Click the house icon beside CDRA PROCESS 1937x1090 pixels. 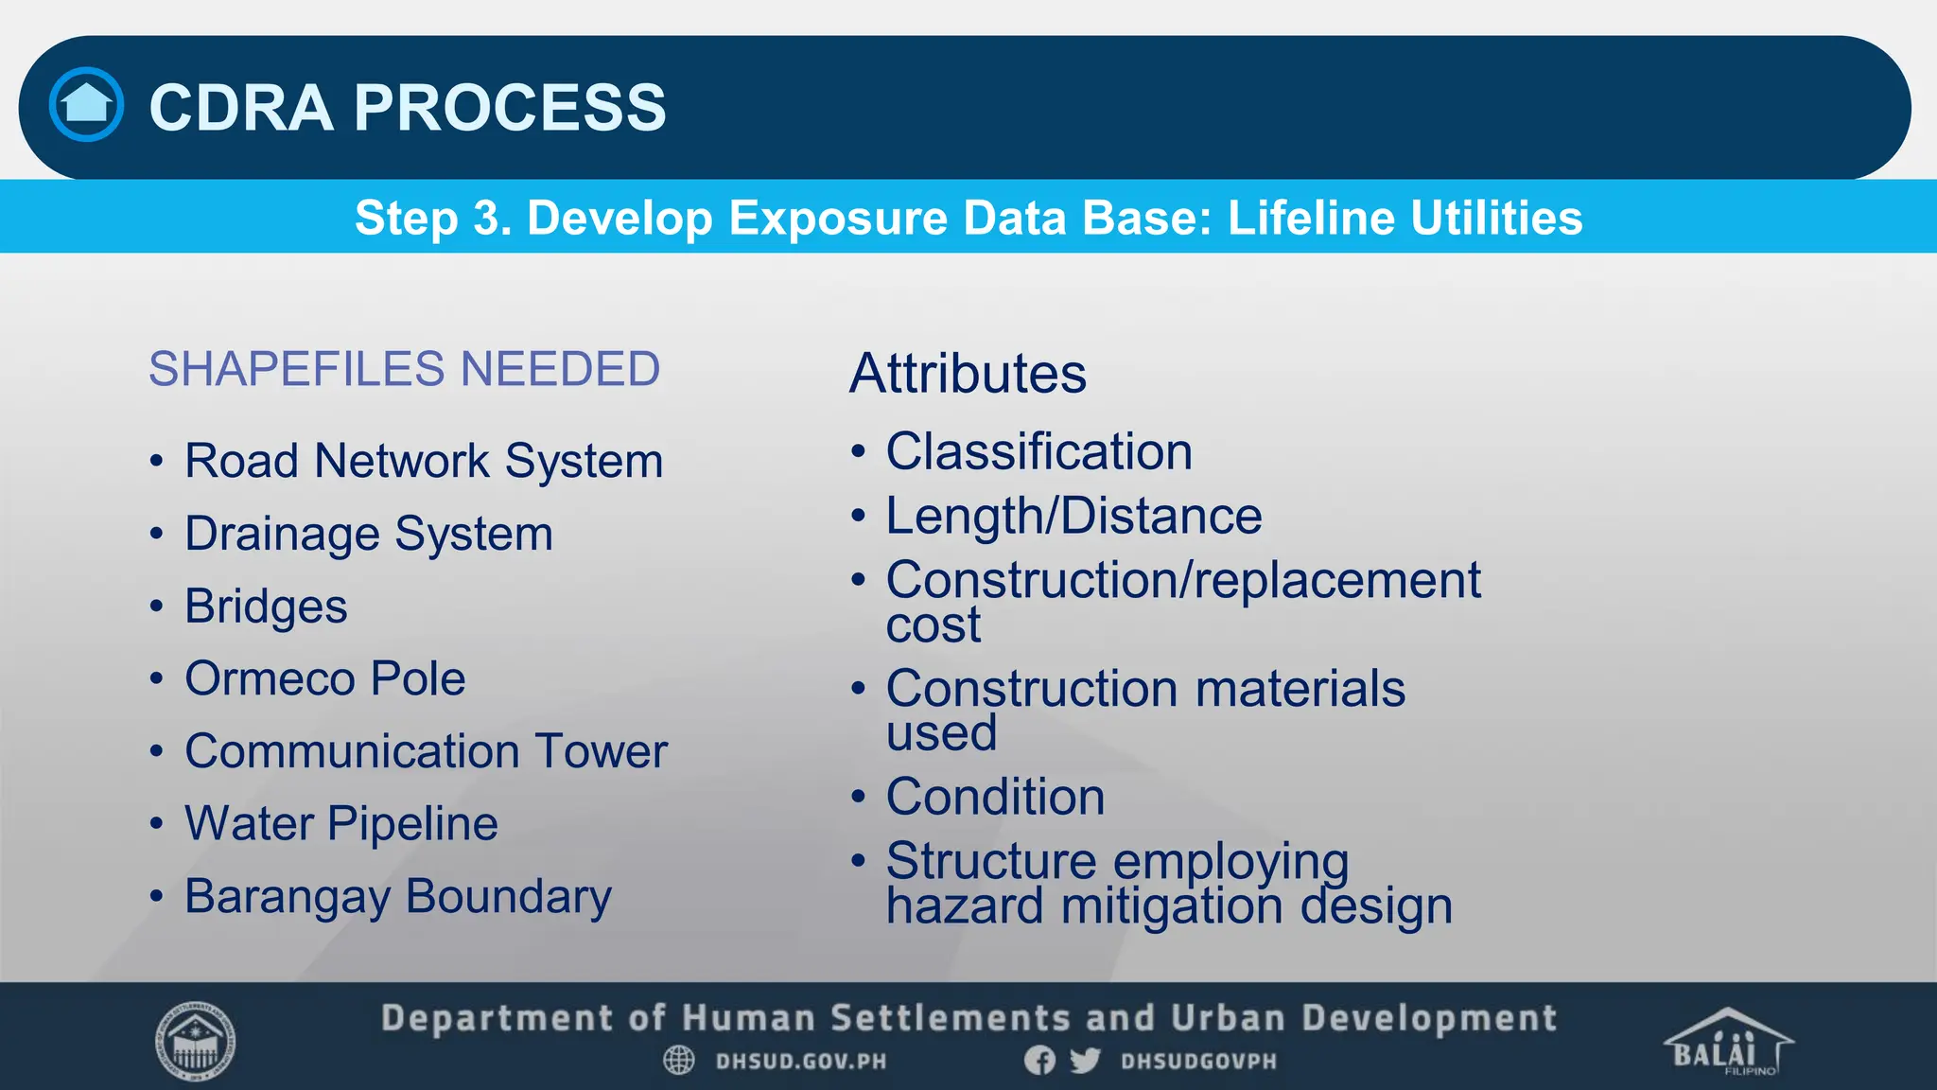click(x=86, y=105)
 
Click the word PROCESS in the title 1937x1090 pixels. click(x=510, y=107)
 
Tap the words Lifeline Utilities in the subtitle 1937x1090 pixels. click(x=1405, y=218)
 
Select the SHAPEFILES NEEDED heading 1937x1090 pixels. click(x=404, y=369)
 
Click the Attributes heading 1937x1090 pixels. click(x=968, y=374)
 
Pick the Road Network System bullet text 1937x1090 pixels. click(x=424, y=462)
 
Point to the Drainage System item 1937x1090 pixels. click(x=369, y=535)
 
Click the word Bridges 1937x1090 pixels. click(x=266, y=607)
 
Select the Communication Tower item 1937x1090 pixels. click(x=426, y=751)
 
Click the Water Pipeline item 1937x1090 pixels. click(x=340, y=824)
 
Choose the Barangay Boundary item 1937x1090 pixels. click(x=398, y=896)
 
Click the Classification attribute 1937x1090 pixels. click(x=1038, y=452)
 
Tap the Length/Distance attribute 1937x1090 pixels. click(x=1073, y=517)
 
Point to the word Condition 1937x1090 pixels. click(x=995, y=797)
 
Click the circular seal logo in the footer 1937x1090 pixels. click(x=195, y=1041)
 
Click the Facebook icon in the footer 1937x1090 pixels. click(x=1039, y=1061)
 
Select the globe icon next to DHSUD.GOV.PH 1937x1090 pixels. click(x=679, y=1061)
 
